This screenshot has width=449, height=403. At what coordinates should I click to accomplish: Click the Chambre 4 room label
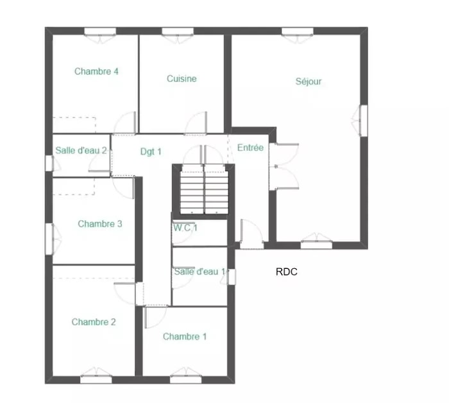point(96,71)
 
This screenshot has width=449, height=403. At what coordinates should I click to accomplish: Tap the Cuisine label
point(182,79)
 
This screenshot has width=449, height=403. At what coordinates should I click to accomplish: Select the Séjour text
point(309,81)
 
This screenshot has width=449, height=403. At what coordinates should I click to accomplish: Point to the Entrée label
point(250,148)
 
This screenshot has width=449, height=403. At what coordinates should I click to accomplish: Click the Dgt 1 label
point(151,151)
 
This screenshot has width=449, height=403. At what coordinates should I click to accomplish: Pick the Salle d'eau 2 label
point(81,150)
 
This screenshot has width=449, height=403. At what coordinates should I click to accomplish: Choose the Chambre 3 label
point(100,224)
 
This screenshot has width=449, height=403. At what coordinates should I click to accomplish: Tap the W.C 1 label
point(185,228)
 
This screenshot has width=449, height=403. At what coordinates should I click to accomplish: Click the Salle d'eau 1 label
point(200,271)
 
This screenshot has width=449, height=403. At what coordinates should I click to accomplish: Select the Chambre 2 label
point(94,322)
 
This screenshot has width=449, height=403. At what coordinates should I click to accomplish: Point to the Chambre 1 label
point(185,336)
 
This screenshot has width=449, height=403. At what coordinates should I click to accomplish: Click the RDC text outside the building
point(286,272)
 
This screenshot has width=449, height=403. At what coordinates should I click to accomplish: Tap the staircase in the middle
point(204,189)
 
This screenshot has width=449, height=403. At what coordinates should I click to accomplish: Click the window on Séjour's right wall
point(364,121)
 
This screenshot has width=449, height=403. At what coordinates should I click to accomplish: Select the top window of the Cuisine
point(178,31)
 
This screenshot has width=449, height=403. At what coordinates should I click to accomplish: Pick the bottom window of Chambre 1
point(185,379)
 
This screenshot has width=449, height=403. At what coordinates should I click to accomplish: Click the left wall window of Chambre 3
point(49,239)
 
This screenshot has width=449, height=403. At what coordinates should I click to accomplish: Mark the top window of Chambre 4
point(100,31)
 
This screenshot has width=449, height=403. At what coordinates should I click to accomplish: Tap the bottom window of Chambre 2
point(96,379)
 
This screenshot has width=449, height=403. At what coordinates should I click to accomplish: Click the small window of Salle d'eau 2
point(49,163)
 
